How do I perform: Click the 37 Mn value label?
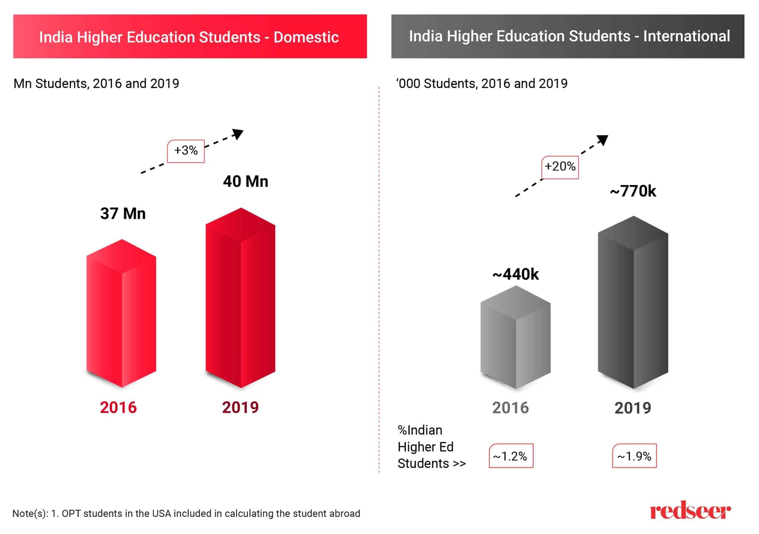(123, 214)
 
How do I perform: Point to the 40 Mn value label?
(245, 182)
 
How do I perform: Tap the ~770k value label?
(633, 191)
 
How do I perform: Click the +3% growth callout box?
(186, 151)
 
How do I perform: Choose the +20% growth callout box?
(560, 167)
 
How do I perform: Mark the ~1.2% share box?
(511, 456)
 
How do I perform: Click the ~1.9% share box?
(634, 456)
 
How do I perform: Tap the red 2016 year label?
(118, 407)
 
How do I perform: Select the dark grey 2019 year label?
(633, 408)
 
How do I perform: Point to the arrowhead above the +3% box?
(238, 134)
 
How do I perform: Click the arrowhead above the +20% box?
(603, 140)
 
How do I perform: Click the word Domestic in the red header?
(306, 37)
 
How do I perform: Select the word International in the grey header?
(686, 36)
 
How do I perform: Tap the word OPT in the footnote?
(70, 514)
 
